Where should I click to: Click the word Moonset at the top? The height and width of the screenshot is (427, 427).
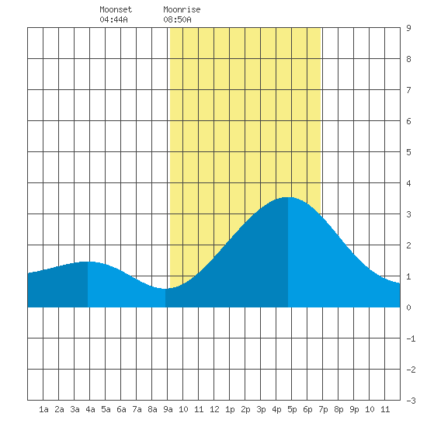coord(116,9)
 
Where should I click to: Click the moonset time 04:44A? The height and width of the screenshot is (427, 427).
coord(113,19)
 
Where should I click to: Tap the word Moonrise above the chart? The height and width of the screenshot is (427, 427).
coord(182,9)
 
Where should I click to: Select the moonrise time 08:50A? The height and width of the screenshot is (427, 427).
coord(177,19)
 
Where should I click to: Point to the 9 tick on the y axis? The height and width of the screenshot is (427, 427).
coord(408,28)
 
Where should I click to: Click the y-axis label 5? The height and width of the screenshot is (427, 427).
coord(408,152)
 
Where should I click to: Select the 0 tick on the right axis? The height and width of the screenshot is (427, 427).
coord(408,307)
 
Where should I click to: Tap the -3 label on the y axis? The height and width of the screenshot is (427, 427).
coord(411,401)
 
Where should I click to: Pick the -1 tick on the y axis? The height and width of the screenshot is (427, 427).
coord(411,338)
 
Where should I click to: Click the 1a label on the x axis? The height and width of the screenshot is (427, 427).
coord(43,409)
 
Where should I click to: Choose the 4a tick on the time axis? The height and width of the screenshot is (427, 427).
coord(90,409)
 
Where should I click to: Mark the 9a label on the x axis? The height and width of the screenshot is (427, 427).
coord(168,409)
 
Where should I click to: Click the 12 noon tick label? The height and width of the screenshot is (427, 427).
coord(214,409)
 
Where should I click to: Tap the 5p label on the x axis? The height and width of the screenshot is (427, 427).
coord(292,409)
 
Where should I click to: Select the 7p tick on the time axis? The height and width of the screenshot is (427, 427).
coord(323,409)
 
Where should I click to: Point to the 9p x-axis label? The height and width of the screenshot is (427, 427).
coord(354,409)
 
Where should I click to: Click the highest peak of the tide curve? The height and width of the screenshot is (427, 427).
coord(288,197)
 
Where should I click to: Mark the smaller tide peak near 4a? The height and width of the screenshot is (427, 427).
coord(88,262)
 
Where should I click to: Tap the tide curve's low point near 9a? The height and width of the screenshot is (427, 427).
coord(165,289)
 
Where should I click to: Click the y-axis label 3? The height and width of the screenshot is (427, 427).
coord(408,214)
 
